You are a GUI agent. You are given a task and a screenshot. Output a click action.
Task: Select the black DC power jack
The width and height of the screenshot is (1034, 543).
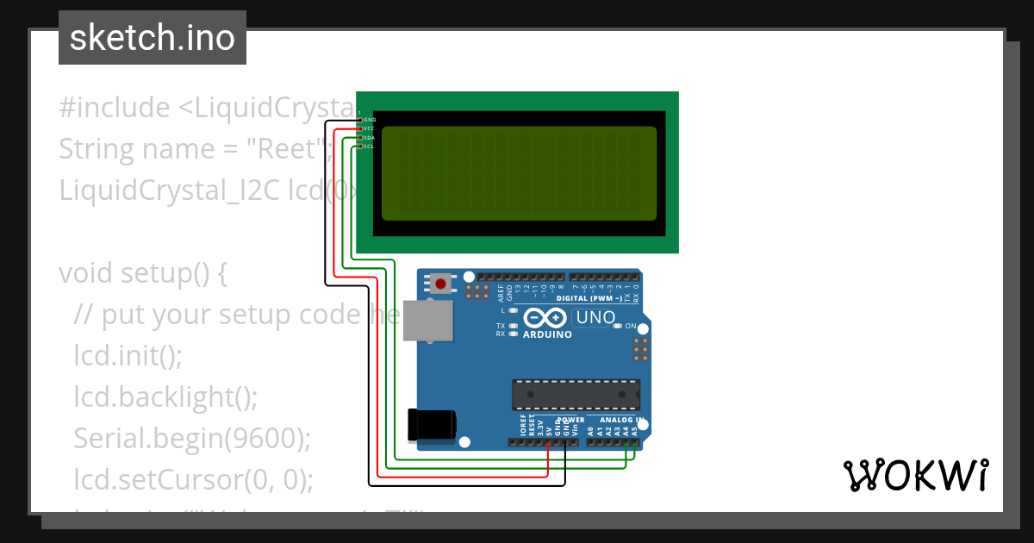tap(431, 424)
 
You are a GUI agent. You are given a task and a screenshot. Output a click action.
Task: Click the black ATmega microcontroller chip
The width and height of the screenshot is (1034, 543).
tap(576, 394)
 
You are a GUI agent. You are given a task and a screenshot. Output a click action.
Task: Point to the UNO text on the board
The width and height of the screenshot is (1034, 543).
tap(596, 317)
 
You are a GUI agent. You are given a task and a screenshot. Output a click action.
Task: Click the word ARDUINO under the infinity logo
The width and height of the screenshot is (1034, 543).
tap(547, 334)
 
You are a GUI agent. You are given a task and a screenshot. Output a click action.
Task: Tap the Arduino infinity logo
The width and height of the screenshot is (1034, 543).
tap(546, 318)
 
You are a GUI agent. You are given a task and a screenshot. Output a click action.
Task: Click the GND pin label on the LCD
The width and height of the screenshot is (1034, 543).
tap(370, 120)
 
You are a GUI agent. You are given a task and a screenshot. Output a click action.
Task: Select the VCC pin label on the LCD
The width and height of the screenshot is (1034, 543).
tap(369, 128)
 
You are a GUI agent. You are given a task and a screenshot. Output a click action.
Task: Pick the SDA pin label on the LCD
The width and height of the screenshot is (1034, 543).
tap(369, 138)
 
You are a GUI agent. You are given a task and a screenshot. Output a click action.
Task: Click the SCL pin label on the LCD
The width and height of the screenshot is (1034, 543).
tap(369, 147)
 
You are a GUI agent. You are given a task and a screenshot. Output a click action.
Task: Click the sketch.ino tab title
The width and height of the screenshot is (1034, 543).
tap(153, 38)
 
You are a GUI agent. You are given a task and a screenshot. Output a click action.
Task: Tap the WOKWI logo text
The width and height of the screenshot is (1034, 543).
tap(916, 475)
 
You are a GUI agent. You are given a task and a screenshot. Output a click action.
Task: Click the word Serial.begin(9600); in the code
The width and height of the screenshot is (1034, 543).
tap(191, 438)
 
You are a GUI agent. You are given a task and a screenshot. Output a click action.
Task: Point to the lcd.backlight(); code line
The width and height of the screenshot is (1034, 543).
tap(165, 396)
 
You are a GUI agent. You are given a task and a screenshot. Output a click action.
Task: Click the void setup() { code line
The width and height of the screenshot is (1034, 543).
tap(143, 273)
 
